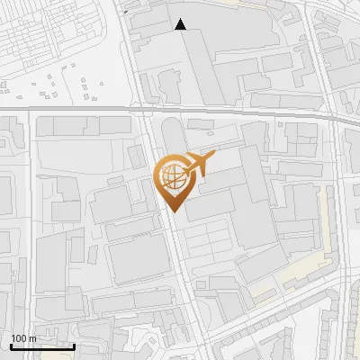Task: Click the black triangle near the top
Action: click(181, 24)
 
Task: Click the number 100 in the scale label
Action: click(19, 338)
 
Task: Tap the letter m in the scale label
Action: click(32, 338)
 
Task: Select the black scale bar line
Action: click(42, 346)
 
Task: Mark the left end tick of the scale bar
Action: click(11, 345)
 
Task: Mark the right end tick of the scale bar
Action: click(74, 345)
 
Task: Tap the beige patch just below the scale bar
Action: click(45, 356)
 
